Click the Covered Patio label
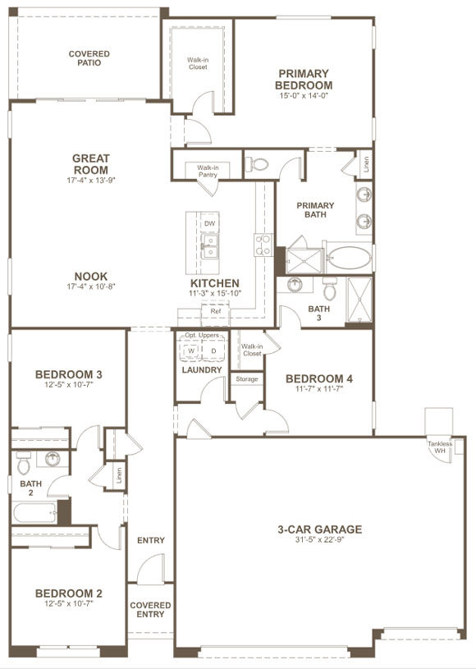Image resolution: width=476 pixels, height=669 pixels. tap(89, 58)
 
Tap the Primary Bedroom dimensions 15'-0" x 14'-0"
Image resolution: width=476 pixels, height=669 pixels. tap(304, 96)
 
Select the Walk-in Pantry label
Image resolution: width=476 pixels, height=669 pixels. tap(208, 171)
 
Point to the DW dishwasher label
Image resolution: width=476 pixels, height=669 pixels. tap(209, 223)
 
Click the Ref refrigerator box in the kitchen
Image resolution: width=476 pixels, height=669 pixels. tap(216, 312)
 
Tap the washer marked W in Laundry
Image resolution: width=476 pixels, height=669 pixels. tap(191, 351)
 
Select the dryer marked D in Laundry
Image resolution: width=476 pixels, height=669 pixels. tap(213, 351)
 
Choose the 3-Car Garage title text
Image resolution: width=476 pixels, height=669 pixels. tap(319, 529)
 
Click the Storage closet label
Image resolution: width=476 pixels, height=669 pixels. tap(247, 379)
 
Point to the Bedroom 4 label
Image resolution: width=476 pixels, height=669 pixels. tap(319, 379)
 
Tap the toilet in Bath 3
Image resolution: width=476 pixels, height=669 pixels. tap(329, 290)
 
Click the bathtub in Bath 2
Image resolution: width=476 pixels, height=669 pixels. tap(34, 515)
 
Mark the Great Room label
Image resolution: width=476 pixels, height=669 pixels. tap(90, 164)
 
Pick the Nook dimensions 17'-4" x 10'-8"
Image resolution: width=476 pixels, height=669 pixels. tap(90, 288)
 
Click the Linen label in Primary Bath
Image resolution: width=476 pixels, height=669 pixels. tap(366, 163)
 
